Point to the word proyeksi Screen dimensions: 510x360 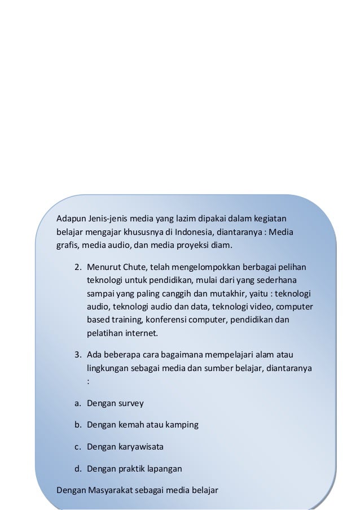(192, 246)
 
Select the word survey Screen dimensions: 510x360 (129, 403)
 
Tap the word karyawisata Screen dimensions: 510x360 (140, 447)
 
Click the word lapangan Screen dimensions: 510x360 (164, 468)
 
